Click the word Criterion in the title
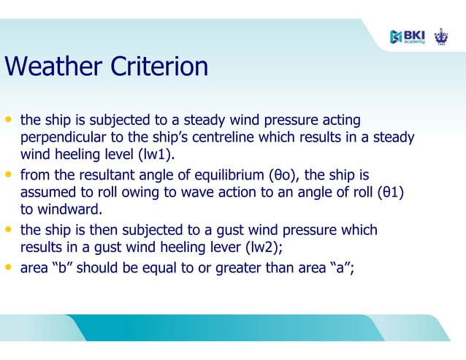pos(159,67)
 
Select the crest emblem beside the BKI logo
pos(440,36)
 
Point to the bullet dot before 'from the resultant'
pos(9,175)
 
